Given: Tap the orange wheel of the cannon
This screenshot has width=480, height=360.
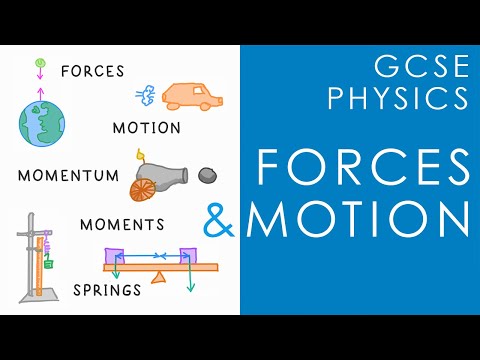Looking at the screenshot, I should point(143,187).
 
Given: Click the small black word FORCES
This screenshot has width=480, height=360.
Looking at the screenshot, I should point(93,72).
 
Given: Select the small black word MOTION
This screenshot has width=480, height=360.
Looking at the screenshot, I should point(147,128).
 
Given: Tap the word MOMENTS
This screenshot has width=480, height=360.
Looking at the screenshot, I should point(122,223).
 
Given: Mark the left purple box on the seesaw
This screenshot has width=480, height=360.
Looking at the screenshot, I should point(115,256).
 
